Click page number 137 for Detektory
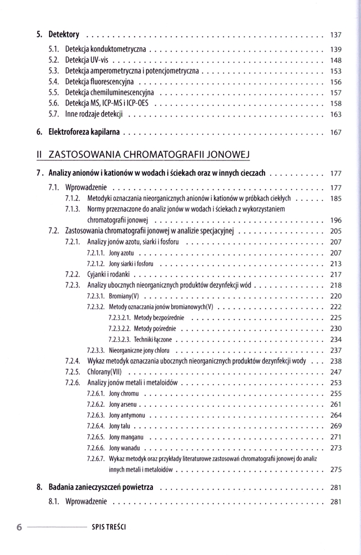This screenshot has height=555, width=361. (335, 34)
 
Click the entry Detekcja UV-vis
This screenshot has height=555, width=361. (87, 60)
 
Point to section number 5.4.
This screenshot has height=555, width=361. (54, 82)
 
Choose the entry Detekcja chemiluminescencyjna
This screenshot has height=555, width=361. (110, 92)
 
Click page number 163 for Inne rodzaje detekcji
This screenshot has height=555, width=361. (335, 114)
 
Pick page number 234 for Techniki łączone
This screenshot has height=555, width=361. (335, 339)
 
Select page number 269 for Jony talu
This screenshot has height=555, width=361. (335, 426)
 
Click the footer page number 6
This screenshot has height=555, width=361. (19, 527)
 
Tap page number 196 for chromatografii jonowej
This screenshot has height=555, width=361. (335, 220)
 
